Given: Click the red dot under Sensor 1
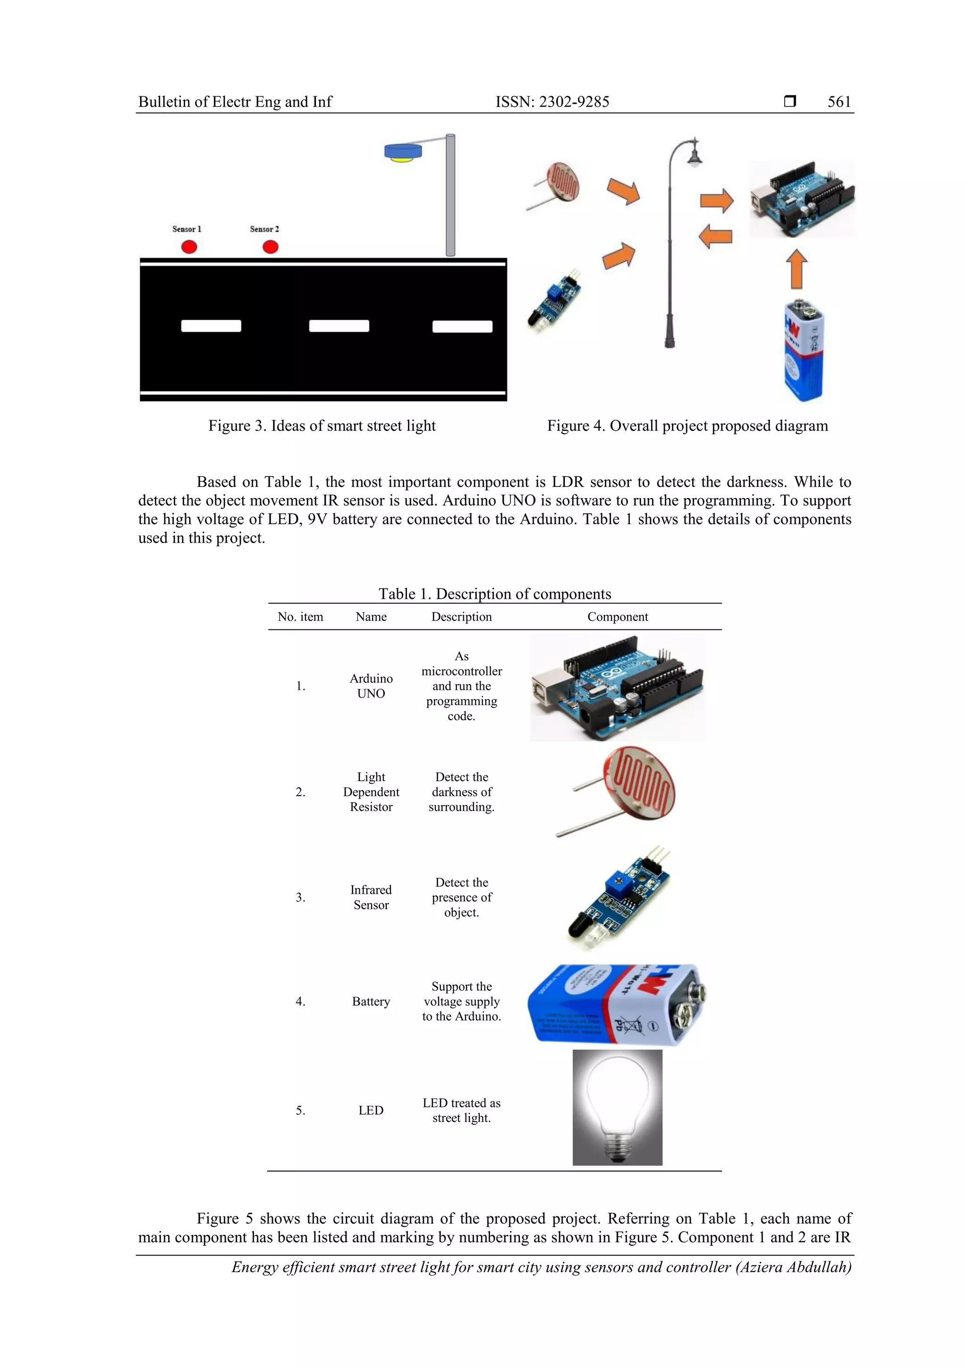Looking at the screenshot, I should pos(189,246).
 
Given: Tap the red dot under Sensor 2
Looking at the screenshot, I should pos(271,246).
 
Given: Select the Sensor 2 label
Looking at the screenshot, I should pos(264,229).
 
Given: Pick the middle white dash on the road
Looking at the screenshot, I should pos(339,326).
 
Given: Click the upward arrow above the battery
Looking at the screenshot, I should pos(797,269).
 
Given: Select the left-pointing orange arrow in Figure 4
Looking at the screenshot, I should pos(715,237).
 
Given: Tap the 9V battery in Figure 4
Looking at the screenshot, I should pos(803,351).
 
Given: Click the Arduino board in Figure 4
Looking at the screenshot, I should pos(802,199).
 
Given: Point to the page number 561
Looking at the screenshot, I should pos(839,102).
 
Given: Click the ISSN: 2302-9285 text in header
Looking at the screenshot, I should pos(552,102).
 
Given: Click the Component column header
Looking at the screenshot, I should pos(617,617).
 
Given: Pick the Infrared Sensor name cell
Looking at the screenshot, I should pos(371,897).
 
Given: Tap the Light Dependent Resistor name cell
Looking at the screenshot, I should pos(371,792).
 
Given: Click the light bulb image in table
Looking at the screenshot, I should pos(617,1107).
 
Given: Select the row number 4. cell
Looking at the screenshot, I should pos(300,1002).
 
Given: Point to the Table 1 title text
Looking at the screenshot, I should pos(494,594).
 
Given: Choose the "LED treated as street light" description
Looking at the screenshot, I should pos(461,1110).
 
